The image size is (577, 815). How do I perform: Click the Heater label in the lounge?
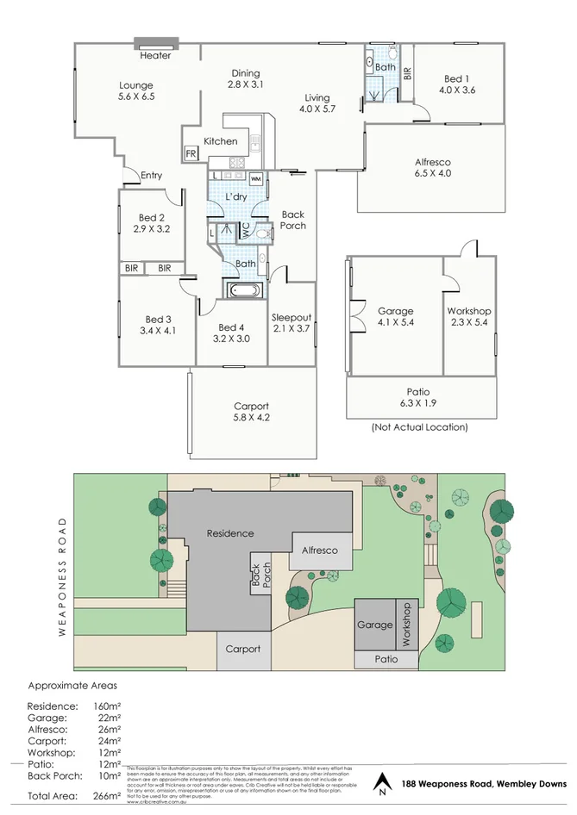click(x=155, y=56)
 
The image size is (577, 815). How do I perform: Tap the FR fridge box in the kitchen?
click(x=191, y=154)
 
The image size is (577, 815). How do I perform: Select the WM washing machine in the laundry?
click(x=256, y=178)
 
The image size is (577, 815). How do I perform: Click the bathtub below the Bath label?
click(x=242, y=289)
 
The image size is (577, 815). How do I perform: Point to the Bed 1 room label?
click(x=457, y=76)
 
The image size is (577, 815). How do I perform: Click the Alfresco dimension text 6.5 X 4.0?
click(x=433, y=173)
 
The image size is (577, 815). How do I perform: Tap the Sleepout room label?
click(x=291, y=317)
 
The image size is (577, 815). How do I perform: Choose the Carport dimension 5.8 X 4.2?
click(x=251, y=418)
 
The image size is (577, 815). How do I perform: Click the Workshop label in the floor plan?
click(x=469, y=311)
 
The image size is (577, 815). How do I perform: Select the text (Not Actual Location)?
click(x=419, y=427)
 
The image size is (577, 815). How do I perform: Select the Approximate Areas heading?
click(x=72, y=686)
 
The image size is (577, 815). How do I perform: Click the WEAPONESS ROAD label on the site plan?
click(x=62, y=576)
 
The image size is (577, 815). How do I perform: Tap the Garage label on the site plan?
click(x=374, y=625)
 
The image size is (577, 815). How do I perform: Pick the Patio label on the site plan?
click(x=386, y=659)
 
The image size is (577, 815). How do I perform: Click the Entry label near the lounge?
click(x=151, y=176)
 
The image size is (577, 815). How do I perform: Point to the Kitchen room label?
click(x=220, y=141)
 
